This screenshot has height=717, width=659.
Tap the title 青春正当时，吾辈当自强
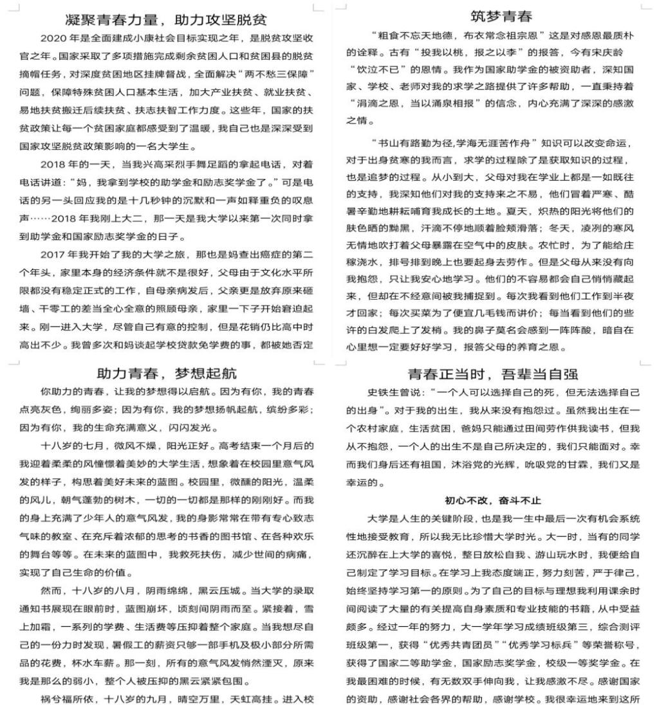492,374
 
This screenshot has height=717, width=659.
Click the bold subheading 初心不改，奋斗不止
492,500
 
